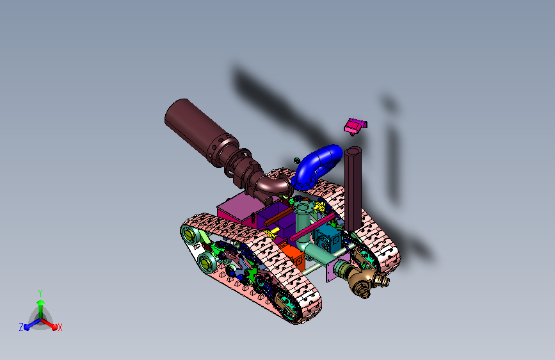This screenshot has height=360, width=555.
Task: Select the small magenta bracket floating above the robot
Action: pos(355,126)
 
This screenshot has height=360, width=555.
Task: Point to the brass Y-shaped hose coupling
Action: pos(366,280)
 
